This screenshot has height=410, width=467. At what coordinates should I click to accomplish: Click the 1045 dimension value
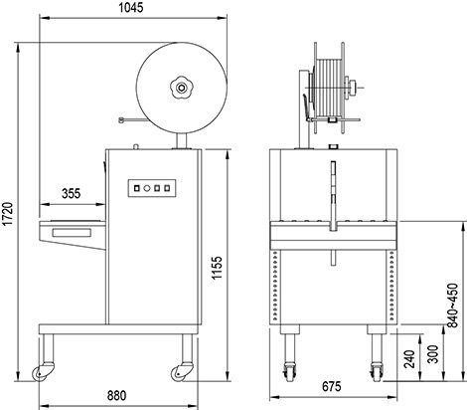[131, 8]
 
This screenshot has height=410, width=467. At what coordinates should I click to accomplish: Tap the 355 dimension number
[72, 193]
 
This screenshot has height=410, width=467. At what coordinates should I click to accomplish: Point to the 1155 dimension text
[217, 268]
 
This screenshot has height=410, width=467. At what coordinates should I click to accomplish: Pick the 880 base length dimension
[116, 395]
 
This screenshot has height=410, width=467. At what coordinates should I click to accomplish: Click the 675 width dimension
[332, 386]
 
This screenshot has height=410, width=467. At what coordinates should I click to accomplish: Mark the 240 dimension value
[410, 358]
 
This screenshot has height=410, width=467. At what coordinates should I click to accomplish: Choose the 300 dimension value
[433, 354]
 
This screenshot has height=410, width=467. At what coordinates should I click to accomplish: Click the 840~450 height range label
[452, 306]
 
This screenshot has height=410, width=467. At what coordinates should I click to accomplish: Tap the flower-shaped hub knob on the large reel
[181, 88]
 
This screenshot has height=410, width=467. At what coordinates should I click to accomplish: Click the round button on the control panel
[147, 188]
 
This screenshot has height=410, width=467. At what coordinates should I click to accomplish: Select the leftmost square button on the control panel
[136, 188]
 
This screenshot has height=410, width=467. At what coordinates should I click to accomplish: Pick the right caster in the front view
[377, 371]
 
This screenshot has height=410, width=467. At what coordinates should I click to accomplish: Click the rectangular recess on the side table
[72, 233]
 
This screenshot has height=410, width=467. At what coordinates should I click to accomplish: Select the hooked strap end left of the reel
[121, 120]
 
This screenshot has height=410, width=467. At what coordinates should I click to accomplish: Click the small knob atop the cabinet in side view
[135, 146]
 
